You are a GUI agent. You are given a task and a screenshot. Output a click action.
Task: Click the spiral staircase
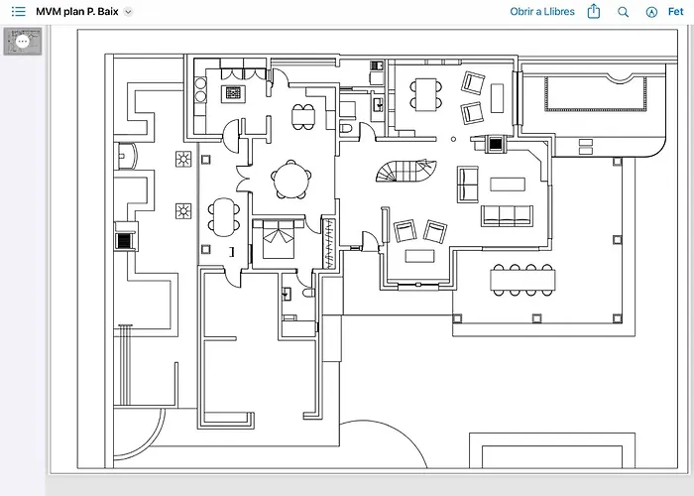tap(406, 171)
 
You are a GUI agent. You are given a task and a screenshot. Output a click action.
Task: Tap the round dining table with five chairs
tap(291, 180)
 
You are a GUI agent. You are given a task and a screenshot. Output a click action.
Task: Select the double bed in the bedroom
tap(279, 239)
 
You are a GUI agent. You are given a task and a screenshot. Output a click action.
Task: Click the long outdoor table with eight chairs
tap(522, 280)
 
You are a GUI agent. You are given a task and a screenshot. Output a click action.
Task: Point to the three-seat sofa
tap(508, 215)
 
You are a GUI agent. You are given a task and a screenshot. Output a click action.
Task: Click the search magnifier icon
tap(623, 12)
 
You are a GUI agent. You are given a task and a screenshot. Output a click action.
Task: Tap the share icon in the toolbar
tap(594, 11)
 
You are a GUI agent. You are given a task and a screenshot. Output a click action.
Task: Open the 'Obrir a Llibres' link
tap(542, 12)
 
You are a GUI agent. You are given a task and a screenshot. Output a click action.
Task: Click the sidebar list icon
tap(18, 12)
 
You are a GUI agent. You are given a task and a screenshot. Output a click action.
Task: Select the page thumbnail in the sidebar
tap(23, 42)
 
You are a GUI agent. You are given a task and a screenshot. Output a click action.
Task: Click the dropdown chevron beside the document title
tap(128, 12)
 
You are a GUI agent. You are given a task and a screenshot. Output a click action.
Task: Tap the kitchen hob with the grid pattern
tap(233, 93)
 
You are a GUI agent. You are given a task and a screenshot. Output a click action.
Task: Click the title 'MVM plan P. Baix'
tap(77, 12)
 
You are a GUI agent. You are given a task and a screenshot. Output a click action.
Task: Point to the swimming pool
tap(595, 93)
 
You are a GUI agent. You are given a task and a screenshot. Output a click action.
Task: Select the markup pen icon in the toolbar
tap(651, 12)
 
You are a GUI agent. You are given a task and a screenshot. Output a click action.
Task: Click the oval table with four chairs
tap(224, 217)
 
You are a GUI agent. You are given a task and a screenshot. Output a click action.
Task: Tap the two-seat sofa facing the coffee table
tap(468, 185)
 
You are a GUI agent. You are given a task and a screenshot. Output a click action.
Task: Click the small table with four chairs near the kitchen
tap(303, 117)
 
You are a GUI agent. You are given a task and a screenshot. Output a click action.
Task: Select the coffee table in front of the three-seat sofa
tap(508, 185)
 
